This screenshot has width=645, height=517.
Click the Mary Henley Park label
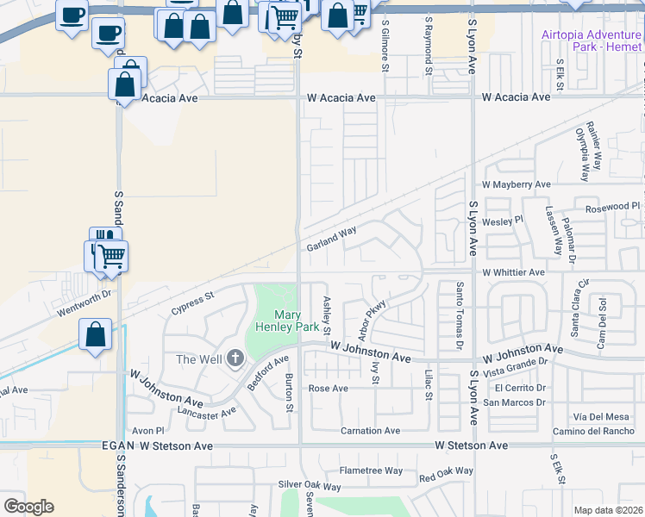[x=285, y=321]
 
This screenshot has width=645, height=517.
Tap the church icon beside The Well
[x=235, y=359]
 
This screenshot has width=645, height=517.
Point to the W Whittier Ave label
[x=514, y=272]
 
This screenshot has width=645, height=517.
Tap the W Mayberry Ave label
[x=516, y=184]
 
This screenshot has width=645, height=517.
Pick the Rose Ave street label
[x=328, y=389]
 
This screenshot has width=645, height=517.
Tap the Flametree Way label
[x=371, y=470]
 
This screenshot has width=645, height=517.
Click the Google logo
[x=28, y=507]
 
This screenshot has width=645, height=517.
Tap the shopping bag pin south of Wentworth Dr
[x=96, y=334]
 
